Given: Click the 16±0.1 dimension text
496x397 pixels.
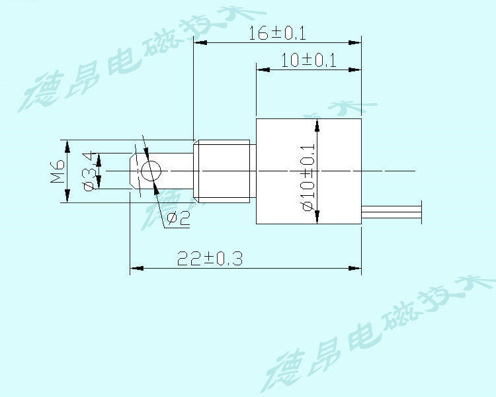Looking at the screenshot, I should click(278, 33).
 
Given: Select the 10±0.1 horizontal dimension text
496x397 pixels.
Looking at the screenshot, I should click(309, 60).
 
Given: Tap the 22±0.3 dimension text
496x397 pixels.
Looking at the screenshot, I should click(210, 259).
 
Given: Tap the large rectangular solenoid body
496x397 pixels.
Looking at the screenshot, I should click(309, 171).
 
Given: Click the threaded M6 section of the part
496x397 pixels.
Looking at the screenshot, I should click(224, 171).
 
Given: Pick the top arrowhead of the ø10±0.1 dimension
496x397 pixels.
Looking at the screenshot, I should click(317, 125).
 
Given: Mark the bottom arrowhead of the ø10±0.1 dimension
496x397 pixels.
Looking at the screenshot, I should click(317, 218).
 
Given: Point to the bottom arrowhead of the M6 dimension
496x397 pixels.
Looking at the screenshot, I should click(67, 197).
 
